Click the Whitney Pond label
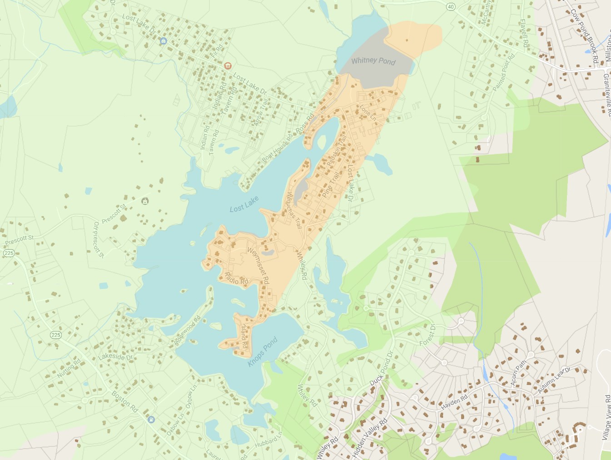click(x=373, y=61)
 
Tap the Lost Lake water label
click(x=244, y=204)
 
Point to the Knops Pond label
click(x=263, y=352)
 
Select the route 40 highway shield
click(x=450, y=7)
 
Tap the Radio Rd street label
click(x=237, y=279)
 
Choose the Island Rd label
click(x=244, y=336)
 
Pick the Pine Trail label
click(x=331, y=184)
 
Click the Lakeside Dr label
click(x=115, y=357)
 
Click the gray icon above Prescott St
click(x=145, y=201)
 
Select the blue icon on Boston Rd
click(x=151, y=420)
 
